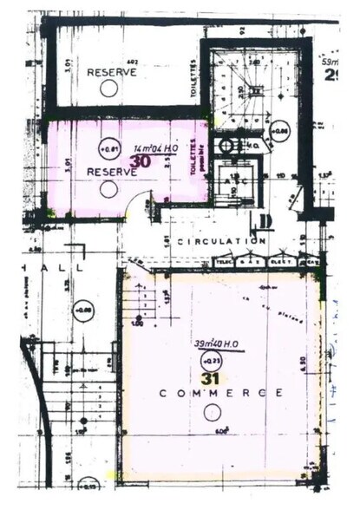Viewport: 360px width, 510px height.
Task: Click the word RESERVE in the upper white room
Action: (x=112, y=72)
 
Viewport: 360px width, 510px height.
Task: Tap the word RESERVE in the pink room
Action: (x=112, y=173)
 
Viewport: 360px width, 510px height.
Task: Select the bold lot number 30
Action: (x=140, y=160)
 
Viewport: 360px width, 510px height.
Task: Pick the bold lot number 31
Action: (x=209, y=377)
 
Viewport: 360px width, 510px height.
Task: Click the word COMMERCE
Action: (x=221, y=393)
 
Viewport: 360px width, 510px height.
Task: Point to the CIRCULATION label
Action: (x=220, y=240)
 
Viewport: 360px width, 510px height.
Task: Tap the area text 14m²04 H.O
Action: (x=155, y=148)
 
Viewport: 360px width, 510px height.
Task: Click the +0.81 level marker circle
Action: (x=109, y=147)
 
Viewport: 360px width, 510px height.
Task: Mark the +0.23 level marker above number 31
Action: (x=209, y=360)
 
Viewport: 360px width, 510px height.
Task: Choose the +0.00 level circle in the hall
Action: (x=83, y=308)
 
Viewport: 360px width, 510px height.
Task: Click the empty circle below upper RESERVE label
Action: (x=108, y=88)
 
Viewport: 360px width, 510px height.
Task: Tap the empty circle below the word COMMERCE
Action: (x=209, y=414)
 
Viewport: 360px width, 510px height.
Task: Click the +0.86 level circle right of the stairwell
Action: (x=279, y=131)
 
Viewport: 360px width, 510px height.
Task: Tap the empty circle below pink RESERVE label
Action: (x=108, y=188)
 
